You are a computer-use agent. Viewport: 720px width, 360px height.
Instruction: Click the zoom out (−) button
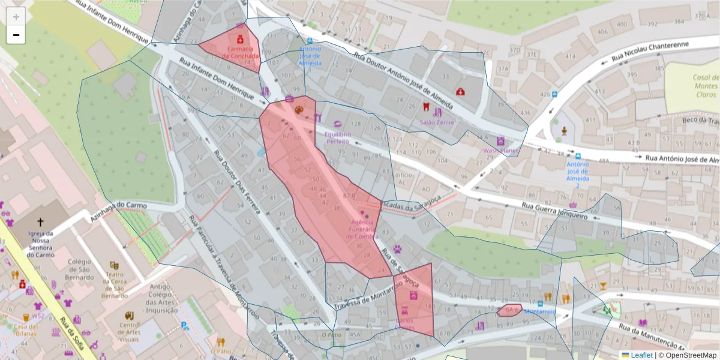point(16,35)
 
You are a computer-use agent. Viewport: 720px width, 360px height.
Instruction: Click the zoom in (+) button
point(16,17)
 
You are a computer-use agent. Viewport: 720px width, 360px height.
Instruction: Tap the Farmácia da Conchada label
point(240,52)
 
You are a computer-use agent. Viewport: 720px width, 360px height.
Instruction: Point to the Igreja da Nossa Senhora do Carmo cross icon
point(41,223)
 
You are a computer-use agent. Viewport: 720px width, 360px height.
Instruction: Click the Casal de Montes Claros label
point(705,86)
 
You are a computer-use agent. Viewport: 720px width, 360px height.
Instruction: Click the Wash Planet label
point(500,151)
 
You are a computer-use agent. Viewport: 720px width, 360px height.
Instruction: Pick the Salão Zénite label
point(437,122)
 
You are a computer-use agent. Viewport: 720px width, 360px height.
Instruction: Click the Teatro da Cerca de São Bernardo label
point(114,285)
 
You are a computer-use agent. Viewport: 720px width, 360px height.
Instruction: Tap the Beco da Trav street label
point(698,121)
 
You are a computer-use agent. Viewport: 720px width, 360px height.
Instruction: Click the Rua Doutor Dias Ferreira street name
point(236,182)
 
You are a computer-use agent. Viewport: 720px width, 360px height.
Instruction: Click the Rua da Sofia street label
point(70,334)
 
